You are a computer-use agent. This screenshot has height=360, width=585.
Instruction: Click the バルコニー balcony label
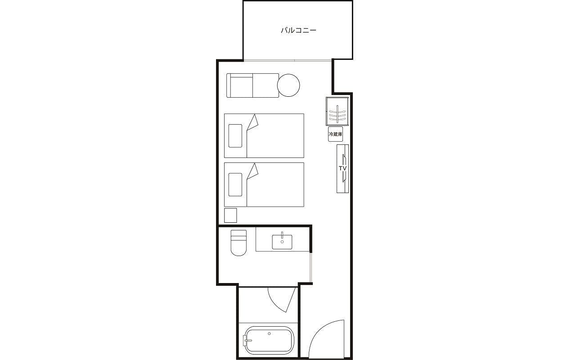tap(298, 30)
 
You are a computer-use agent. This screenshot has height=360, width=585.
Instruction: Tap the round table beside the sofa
tap(288, 85)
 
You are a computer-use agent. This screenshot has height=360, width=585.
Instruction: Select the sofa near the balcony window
tap(252, 85)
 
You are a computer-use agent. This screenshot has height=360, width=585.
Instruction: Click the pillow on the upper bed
tap(235, 136)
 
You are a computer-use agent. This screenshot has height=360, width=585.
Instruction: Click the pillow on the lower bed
tap(235, 184)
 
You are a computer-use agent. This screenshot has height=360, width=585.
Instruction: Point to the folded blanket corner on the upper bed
tap(253, 122)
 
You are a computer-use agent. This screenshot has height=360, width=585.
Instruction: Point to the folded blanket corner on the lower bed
tap(253, 171)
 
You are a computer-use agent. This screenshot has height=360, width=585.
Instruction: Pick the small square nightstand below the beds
tap(230, 215)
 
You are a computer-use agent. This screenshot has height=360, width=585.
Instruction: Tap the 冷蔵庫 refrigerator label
tap(335, 134)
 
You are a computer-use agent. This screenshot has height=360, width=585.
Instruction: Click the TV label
tap(342, 168)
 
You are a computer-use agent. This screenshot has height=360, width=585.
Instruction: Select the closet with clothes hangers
tap(337, 111)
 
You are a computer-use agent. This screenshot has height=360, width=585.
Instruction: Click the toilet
tap(238, 243)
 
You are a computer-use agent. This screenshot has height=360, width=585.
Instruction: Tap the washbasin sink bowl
tap(282, 242)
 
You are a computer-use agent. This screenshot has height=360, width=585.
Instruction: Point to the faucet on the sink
tap(282, 235)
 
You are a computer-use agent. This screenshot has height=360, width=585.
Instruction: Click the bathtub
tap(269, 340)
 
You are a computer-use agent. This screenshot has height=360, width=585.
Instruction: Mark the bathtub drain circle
tap(269, 333)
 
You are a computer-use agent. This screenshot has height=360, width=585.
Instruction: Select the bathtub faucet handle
tap(247, 340)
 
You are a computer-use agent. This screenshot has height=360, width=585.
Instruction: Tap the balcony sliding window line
tap(288, 61)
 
